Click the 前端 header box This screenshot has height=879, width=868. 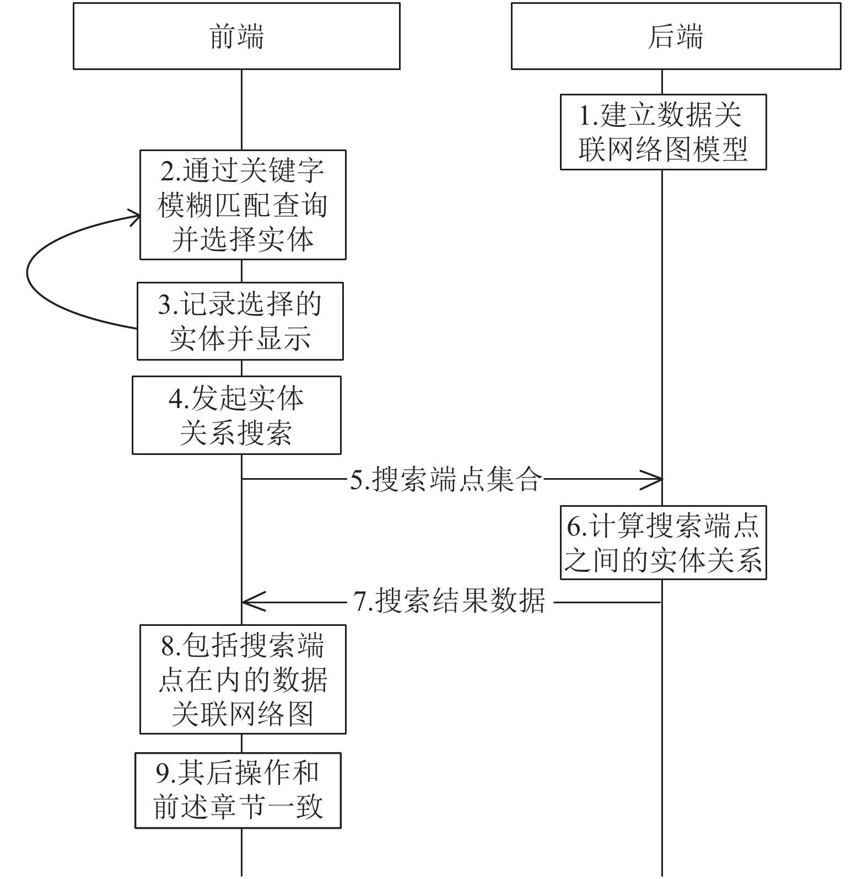click(x=236, y=36)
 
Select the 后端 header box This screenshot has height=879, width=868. click(x=676, y=36)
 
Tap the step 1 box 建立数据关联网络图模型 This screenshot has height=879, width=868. click(x=664, y=132)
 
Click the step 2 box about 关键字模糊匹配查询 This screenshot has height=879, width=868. click(x=243, y=205)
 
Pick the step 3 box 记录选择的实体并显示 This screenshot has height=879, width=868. click(x=240, y=321)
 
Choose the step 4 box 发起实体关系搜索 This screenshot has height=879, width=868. click(x=236, y=415)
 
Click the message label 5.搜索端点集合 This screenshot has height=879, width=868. click(x=446, y=479)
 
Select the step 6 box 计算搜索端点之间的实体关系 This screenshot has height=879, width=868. click(x=664, y=543)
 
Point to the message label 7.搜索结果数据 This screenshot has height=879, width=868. click(x=450, y=601)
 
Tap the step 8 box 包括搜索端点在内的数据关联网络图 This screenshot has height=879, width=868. click(x=243, y=679)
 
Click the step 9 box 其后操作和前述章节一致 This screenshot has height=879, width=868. click(x=238, y=791)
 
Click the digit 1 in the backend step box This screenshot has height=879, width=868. click(x=586, y=116)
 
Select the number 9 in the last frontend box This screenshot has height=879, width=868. click(x=163, y=774)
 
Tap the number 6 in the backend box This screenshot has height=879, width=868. click(x=574, y=527)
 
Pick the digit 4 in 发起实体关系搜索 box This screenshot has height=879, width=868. click(x=176, y=399)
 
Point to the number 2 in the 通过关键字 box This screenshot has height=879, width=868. click(x=168, y=171)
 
